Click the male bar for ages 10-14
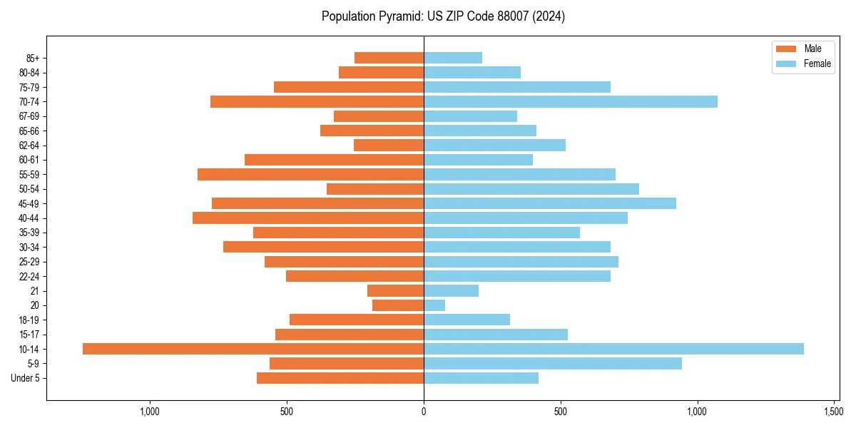[x=253, y=349]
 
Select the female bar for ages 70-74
[x=571, y=102]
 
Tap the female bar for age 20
[x=434, y=305]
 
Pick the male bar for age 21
[x=395, y=291]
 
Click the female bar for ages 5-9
[x=553, y=364]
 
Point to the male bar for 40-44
[x=308, y=218]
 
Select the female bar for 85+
[x=453, y=58]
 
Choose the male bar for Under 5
[x=340, y=378]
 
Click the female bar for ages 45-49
[x=550, y=203]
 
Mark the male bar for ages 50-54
[x=375, y=189]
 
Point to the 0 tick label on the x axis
[x=424, y=412]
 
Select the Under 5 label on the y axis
[x=26, y=378]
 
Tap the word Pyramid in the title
[x=399, y=16]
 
